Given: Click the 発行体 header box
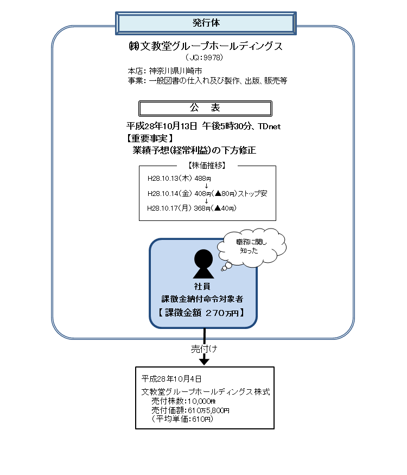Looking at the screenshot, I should (x=206, y=23).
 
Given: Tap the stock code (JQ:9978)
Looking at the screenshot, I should (x=204, y=57).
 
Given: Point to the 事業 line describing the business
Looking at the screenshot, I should (x=207, y=80).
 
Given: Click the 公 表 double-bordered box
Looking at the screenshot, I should (x=205, y=107).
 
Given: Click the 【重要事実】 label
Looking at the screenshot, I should (x=150, y=138).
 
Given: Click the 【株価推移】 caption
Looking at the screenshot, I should (x=207, y=165).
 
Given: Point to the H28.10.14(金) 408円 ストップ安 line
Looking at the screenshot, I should (x=207, y=193).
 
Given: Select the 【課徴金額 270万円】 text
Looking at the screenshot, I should (x=202, y=313).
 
